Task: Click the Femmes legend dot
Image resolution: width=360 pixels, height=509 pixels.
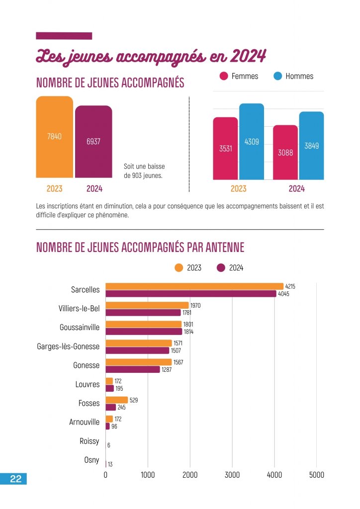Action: [x=224, y=76]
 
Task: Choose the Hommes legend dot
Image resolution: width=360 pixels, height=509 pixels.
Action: [x=277, y=76]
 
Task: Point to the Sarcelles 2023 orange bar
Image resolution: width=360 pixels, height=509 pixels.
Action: [x=194, y=286]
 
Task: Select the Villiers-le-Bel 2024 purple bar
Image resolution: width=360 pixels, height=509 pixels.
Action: [x=143, y=313]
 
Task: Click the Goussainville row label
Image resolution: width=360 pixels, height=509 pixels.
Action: [x=80, y=328]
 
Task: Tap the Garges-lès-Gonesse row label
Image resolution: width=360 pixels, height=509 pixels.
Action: [x=68, y=346]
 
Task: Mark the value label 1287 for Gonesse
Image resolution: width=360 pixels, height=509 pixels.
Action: [x=167, y=370]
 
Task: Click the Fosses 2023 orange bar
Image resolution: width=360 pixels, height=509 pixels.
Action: [x=117, y=400]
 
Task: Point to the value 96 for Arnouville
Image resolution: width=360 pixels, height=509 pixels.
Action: [x=114, y=426]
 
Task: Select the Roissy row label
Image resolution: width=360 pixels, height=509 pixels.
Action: [x=90, y=441]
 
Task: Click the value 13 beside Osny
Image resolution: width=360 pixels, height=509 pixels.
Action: [x=110, y=464]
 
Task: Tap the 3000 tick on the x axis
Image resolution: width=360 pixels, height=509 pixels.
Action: [x=232, y=475]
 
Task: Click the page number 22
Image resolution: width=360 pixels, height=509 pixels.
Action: [x=15, y=479]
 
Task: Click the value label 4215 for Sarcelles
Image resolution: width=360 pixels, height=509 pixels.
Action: [x=290, y=287]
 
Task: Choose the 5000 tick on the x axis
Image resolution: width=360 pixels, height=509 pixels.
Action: [x=316, y=475]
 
